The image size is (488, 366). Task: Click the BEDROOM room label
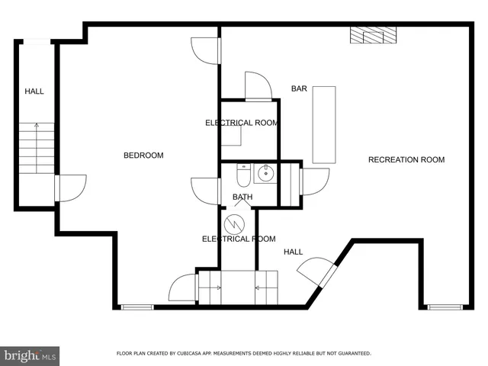coord(143,156)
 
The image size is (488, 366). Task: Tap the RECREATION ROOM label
coord(406,159)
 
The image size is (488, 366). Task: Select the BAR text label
coord(299,88)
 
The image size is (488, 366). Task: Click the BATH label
coord(242,197)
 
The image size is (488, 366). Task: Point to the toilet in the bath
coord(243,176)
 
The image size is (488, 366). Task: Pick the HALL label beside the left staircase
coord(34,91)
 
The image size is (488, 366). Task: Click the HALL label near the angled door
coord(294,252)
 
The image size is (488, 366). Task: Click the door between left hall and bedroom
coord(69,188)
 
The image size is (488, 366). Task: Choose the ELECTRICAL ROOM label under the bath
coord(239,239)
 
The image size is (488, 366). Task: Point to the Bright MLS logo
coord(30,355)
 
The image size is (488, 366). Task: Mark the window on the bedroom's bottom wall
coord(137,307)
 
